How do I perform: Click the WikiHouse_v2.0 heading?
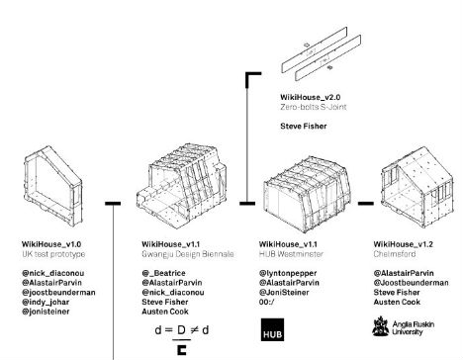click(311, 97)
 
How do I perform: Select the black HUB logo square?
click(272, 329)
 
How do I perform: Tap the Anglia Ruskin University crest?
click(381, 326)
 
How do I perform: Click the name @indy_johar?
click(46, 302)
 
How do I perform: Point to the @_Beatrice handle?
click(163, 273)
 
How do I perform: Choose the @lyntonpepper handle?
click(288, 273)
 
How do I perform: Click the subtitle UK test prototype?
click(53, 254)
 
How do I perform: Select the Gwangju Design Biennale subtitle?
click(188, 254)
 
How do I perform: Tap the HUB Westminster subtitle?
click(291, 254)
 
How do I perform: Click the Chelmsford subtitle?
click(395, 254)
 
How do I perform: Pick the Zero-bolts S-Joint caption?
click(314, 107)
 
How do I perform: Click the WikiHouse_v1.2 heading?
click(403, 244)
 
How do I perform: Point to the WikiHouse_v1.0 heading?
click(51, 244)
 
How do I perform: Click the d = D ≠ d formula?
click(182, 330)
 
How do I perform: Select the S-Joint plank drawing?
click(321, 53)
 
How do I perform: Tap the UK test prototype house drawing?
click(53, 186)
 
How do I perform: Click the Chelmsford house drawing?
click(417, 187)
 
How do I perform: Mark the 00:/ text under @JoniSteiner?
click(267, 302)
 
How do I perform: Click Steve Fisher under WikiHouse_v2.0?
click(304, 126)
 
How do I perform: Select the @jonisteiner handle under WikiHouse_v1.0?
click(46, 312)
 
